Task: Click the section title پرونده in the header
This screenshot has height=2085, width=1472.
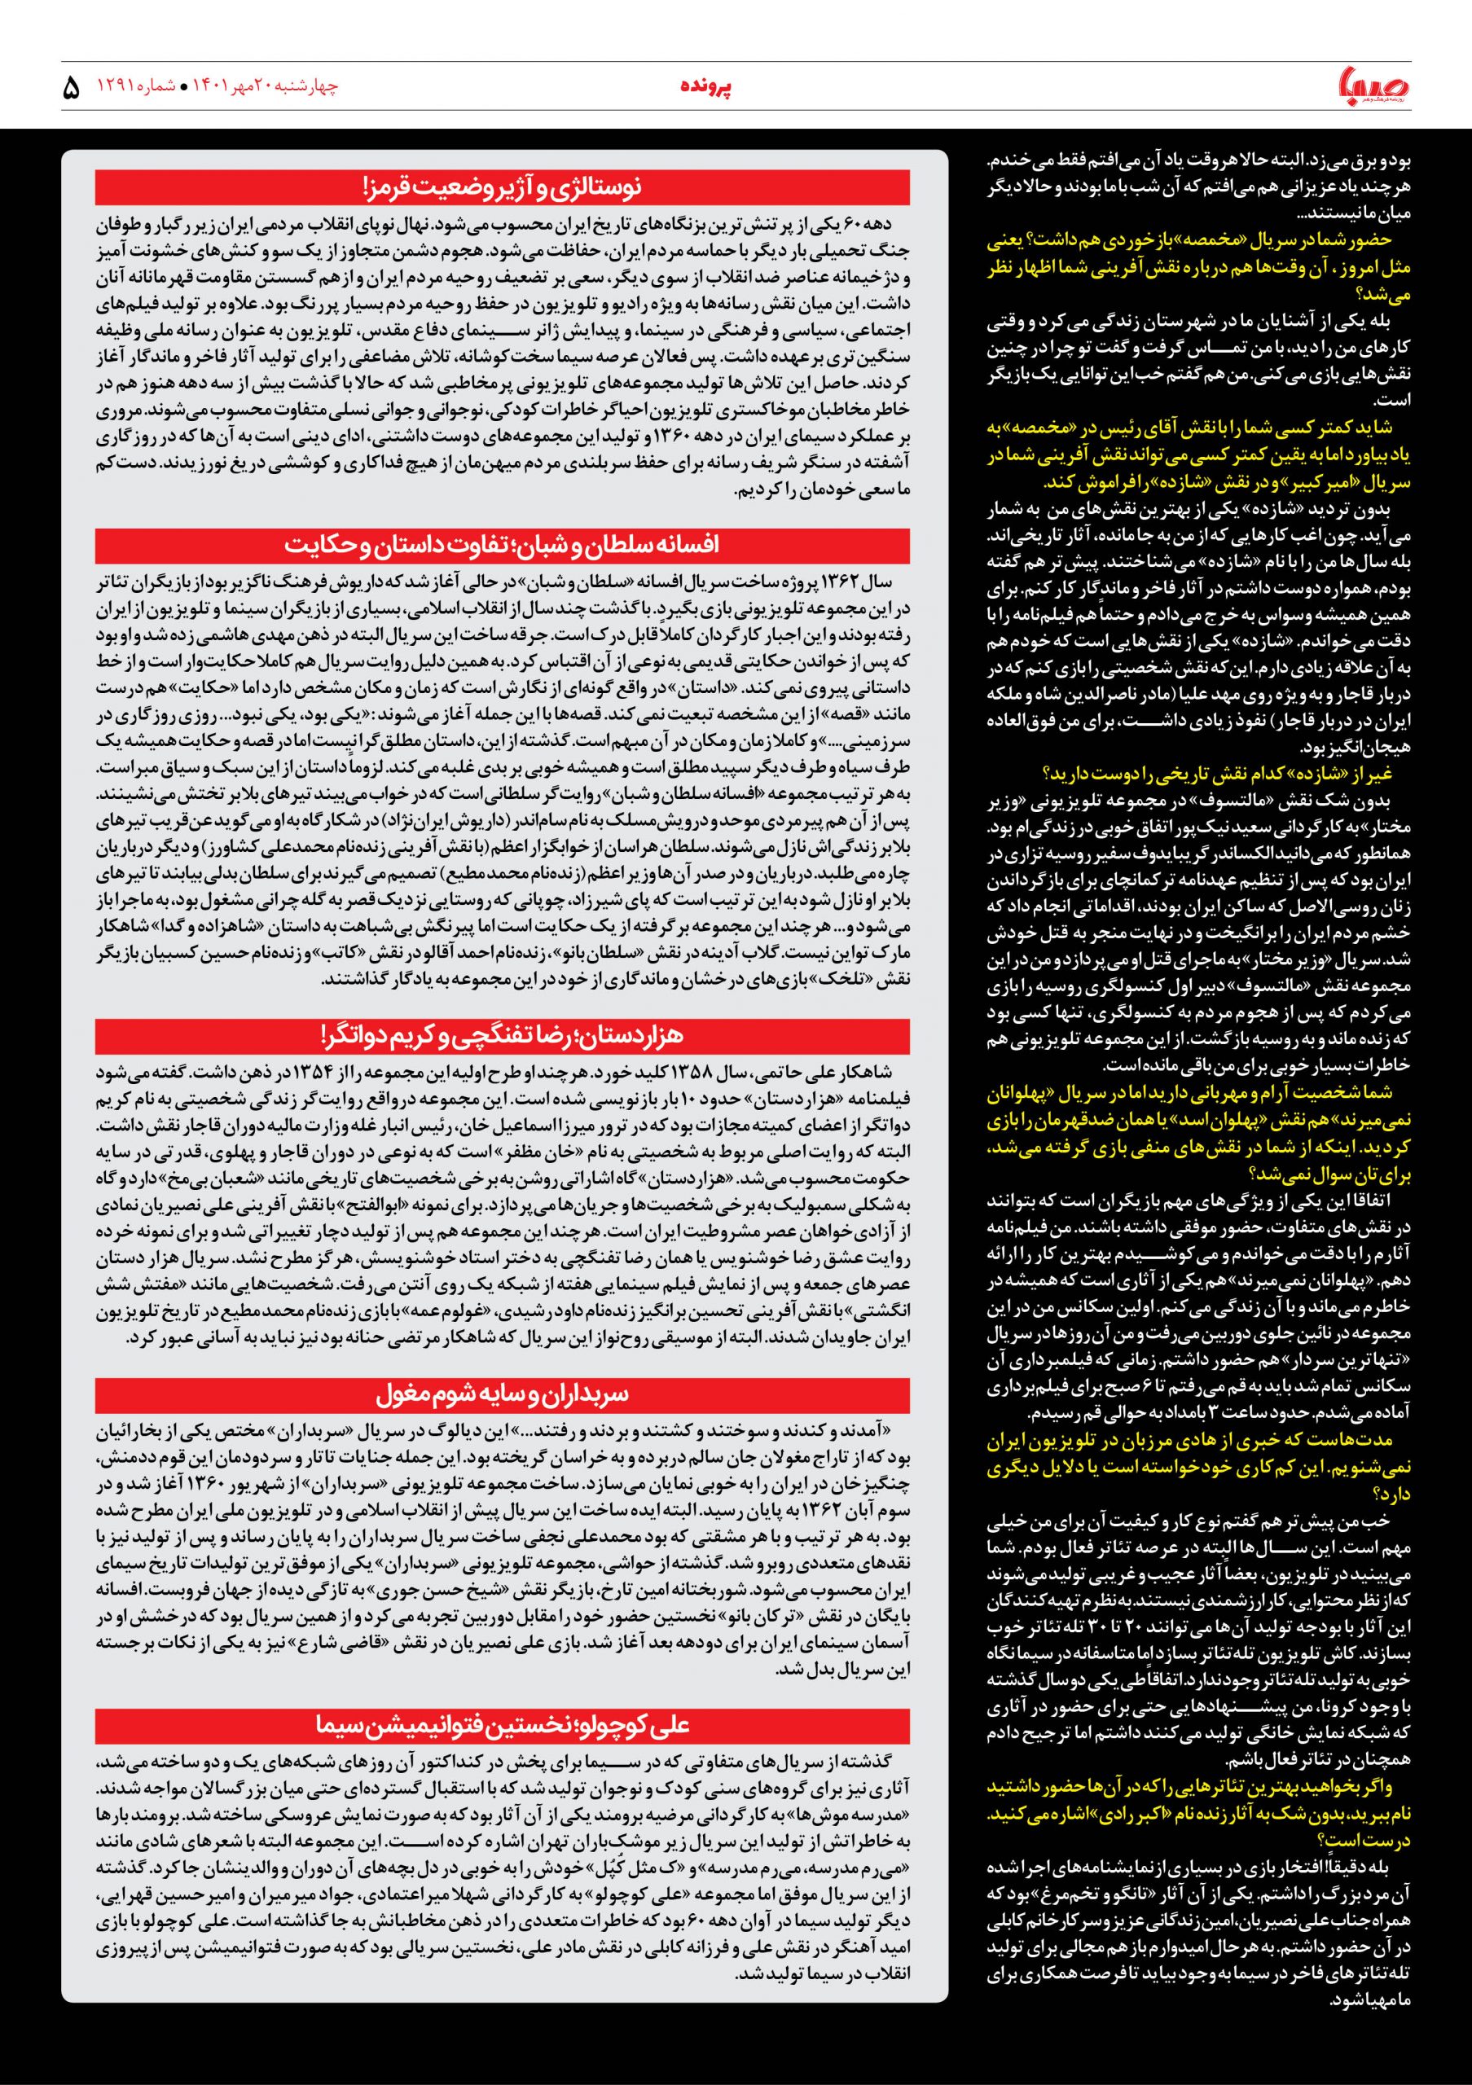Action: (706, 87)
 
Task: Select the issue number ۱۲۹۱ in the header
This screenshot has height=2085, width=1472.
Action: (118, 87)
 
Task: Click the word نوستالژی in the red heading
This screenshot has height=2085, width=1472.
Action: (599, 188)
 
